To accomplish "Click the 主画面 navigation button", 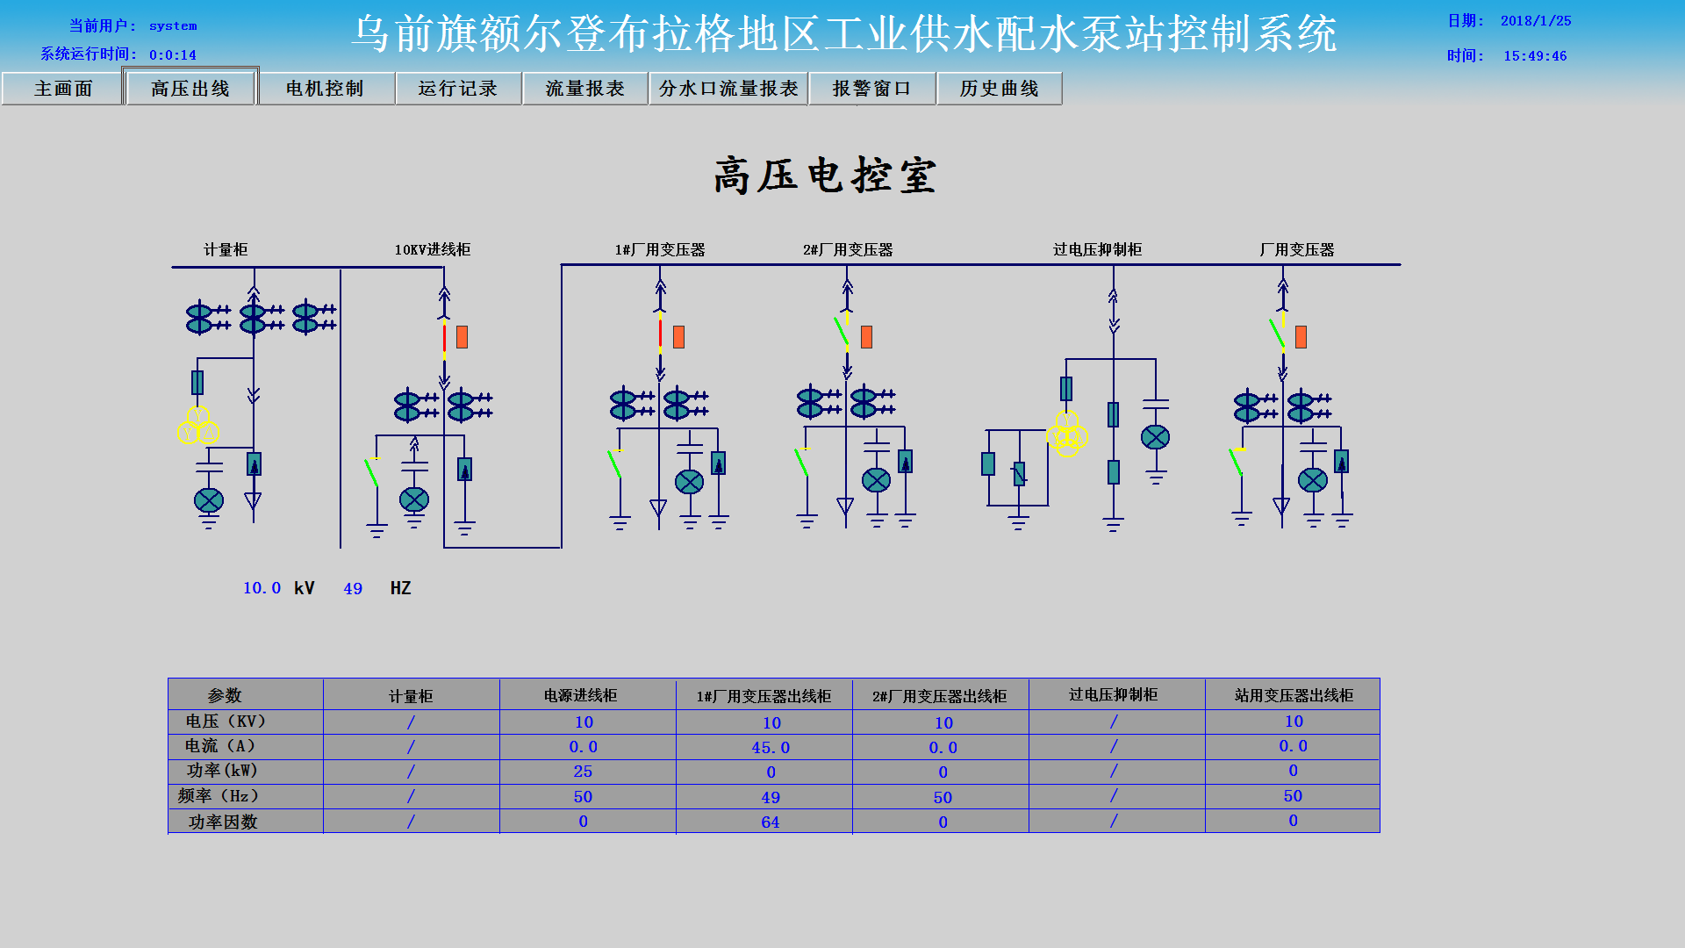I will point(62,89).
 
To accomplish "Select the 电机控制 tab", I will point(325,89).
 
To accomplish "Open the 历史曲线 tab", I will point(999,89).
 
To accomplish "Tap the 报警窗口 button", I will point(871,89).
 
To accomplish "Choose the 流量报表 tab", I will point(584,89).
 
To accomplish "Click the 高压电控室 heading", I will point(825,176).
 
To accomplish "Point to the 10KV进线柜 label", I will point(432,250).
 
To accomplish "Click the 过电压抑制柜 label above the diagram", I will point(1097,250).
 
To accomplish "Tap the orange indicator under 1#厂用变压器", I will point(678,337).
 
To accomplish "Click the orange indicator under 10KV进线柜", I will point(462,337).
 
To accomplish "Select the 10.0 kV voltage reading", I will point(262,588).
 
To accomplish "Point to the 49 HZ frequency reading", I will point(353,589).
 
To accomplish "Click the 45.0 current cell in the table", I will point(771,748).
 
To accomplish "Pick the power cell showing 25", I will point(583,772).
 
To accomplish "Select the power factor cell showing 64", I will point(770,822).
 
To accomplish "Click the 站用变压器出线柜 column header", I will point(1293,695).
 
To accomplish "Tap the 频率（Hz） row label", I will point(219,796).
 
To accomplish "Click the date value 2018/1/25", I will point(1535,21).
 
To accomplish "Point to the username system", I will point(173,26).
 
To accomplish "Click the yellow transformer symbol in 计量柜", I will point(198,427).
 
